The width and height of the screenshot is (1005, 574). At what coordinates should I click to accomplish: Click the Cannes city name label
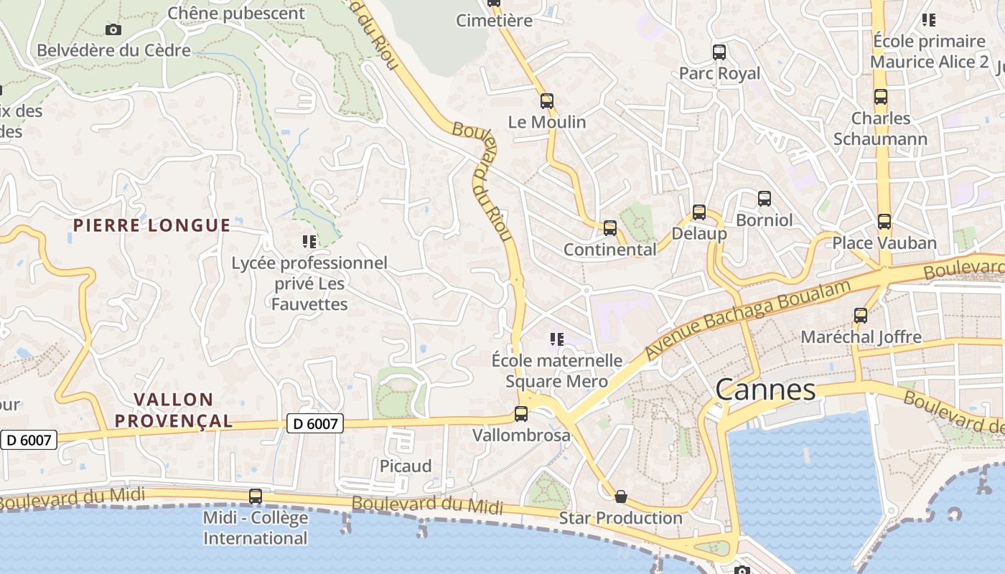pos(765,390)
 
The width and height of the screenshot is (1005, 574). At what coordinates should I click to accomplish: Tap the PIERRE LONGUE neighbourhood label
pos(151,225)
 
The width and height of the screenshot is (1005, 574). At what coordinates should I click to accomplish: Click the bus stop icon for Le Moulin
pos(547,101)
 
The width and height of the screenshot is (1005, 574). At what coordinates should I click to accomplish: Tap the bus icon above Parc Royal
pos(719,52)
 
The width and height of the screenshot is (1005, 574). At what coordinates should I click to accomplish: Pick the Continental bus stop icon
pos(610,228)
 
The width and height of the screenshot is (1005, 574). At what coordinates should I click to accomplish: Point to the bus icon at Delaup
pos(699,212)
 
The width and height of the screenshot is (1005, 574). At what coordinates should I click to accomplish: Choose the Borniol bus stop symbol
pos(765,199)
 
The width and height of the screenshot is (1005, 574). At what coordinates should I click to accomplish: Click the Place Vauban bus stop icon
pos(884,222)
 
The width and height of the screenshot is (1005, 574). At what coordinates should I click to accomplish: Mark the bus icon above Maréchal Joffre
pos(861,315)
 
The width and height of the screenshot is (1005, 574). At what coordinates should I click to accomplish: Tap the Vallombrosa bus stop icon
pos(521,414)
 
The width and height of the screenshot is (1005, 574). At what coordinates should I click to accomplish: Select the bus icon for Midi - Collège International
pos(256,497)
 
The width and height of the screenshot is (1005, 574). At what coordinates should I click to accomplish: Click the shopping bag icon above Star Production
pos(621,497)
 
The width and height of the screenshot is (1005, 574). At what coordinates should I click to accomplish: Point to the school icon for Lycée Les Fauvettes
pos(309,242)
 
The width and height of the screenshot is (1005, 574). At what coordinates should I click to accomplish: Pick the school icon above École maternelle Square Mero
pos(556,339)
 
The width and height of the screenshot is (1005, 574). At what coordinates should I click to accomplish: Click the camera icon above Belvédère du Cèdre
pos(113,29)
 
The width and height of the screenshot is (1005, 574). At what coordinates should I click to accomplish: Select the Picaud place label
pos(406,466)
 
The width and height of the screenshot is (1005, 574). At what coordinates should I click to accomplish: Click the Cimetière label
pos(495,20)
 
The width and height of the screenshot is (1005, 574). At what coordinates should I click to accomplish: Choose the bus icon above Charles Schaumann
pos(881,97)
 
